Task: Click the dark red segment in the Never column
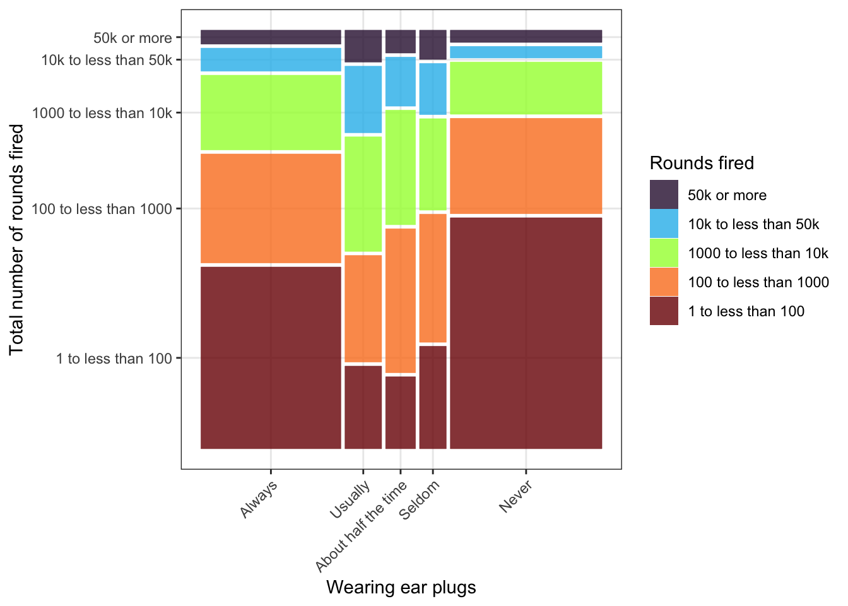pyautogui.click(x=526, y=333)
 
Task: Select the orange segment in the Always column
pyautogui.click(x=271, y=208)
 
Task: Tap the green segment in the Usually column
pyautogui.click(x=363, y=194)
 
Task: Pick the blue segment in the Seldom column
pyautogui.click(x=433, y=88)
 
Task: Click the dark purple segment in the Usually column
pyautogui.click(x=363, y=45)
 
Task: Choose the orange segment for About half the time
pyautogui.click(x=401, y=300)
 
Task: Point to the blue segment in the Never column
pyautogui.click(x=526, y=52)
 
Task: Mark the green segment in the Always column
pyautogui.click(x=271, y=112)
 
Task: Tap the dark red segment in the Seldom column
pyautogui.click(x=433, y=397)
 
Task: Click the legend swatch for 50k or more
pyautogui.click(x=664, y=194)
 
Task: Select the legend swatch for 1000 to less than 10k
pyautogui.click(x=664, y=252)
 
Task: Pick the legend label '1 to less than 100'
pyautogui.click(x=746, y=311)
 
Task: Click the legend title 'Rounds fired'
pyautogui.click(x=702, y=163)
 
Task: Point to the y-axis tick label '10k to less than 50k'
pyautogui.click(x=107, y=60)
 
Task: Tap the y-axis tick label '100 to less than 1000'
pyautogui.click(x=102, y=209)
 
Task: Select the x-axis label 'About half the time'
pyautogui.click(x=362, y=526)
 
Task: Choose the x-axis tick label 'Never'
pyautogui.click(x=515, y=496)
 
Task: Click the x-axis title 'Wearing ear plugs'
pyautogui.click(x=401, y=588)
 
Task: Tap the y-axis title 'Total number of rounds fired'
pyautogui.click(x=16, y=239)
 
